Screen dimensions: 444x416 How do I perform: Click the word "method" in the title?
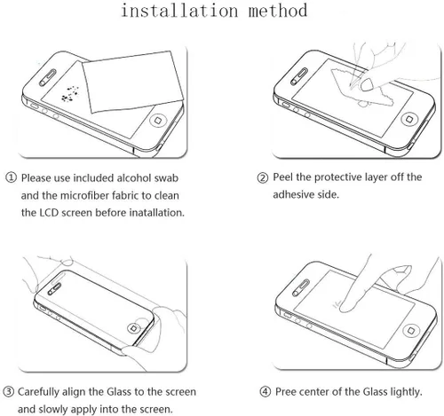tap(278, 11)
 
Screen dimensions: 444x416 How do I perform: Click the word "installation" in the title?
tap(179, 11)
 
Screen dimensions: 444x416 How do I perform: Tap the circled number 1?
tap(11, 177)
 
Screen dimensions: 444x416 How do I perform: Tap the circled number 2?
tap(263, 177)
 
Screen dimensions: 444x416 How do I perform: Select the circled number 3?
tap(8, 392)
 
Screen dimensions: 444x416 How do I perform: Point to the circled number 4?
tap(266, 392)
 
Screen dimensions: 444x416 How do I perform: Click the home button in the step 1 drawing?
tap(158, 121)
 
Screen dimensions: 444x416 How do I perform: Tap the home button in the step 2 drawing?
tap(409, 119)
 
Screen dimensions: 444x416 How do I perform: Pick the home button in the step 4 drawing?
tap(411, 330)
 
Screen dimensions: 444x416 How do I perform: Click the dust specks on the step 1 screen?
tap(69, 94)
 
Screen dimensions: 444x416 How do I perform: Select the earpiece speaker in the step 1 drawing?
tap(47, 78)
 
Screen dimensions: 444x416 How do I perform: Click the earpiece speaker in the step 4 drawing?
tap(301, 287)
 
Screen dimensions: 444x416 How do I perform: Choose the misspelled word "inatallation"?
tap(157, 213)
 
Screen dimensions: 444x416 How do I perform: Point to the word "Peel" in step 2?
tap(283, 177)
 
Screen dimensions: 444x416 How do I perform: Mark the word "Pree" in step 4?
tap(285, 392)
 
